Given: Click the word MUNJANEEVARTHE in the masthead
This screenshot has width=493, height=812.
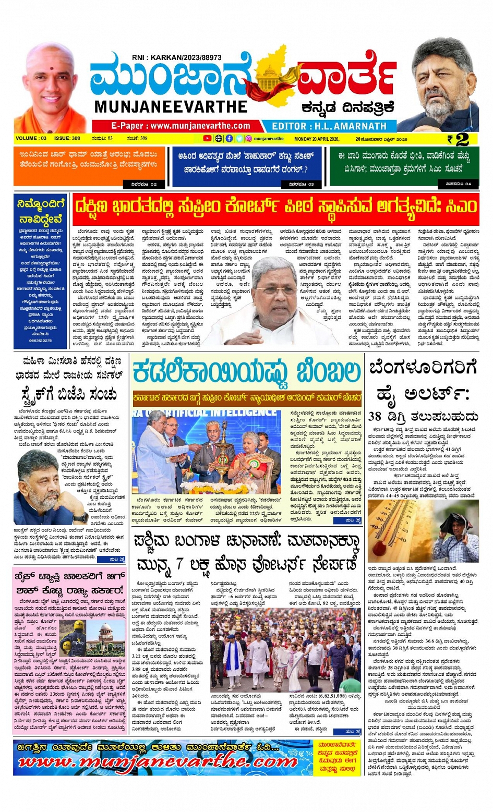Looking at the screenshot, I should [171, 106].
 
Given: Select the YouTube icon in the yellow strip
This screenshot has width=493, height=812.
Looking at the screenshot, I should [208, 139].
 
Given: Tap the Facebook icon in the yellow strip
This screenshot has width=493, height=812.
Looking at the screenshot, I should [229, 139].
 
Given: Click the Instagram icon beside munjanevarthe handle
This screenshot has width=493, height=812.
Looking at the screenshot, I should [248, 139].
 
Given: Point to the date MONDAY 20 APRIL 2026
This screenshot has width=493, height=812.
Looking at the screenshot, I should [317, 139].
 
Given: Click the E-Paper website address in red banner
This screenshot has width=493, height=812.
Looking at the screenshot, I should [181, 126].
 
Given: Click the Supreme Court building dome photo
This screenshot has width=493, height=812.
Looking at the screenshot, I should [107, 638].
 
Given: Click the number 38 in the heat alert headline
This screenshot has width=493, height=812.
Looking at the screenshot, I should [375, 416].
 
